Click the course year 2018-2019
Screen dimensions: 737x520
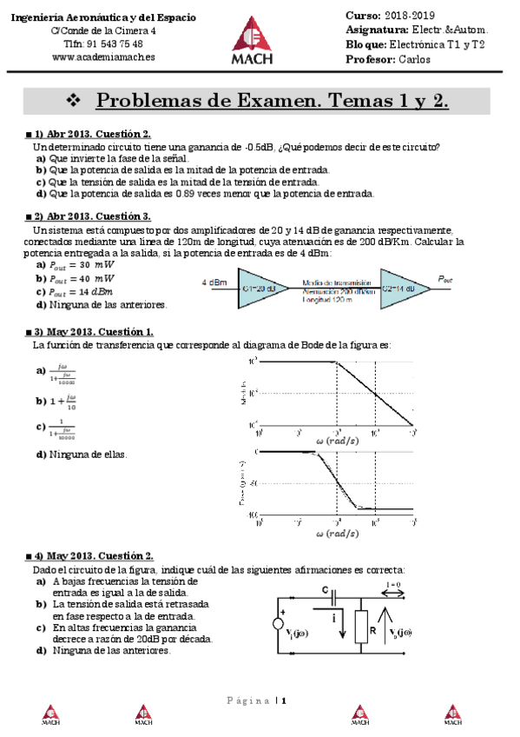tap(411, 16)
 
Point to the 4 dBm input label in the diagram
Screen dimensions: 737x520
tap(214, 282)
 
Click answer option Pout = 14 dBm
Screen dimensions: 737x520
tap(82, 292)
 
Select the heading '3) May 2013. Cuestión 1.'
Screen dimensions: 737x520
tap(94, 332)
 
